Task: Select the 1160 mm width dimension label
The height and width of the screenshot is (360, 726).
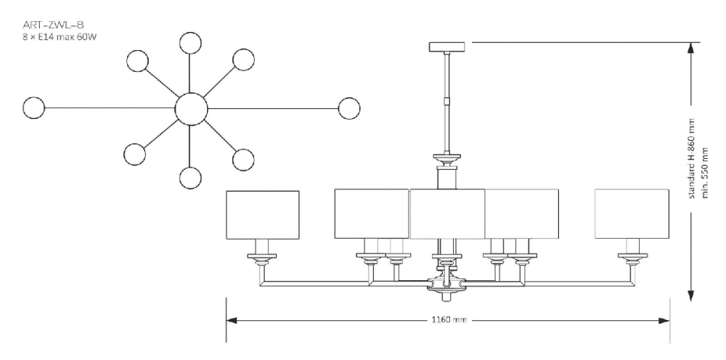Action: pos(444,319)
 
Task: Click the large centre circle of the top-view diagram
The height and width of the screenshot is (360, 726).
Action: pos(192,109)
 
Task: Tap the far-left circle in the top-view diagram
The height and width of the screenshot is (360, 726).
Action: pos(33,108)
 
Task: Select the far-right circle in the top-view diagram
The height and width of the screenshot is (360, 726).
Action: pos(349,108)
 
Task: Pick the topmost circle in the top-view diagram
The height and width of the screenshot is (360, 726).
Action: pos(191,44)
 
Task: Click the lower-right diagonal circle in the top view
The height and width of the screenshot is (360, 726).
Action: pos(243,157)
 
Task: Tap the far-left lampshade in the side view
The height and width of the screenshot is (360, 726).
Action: pos(263,214)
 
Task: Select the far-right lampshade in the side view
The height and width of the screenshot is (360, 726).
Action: pos(631,214)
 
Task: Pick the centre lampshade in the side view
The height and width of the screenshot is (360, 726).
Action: pos(447,214)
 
